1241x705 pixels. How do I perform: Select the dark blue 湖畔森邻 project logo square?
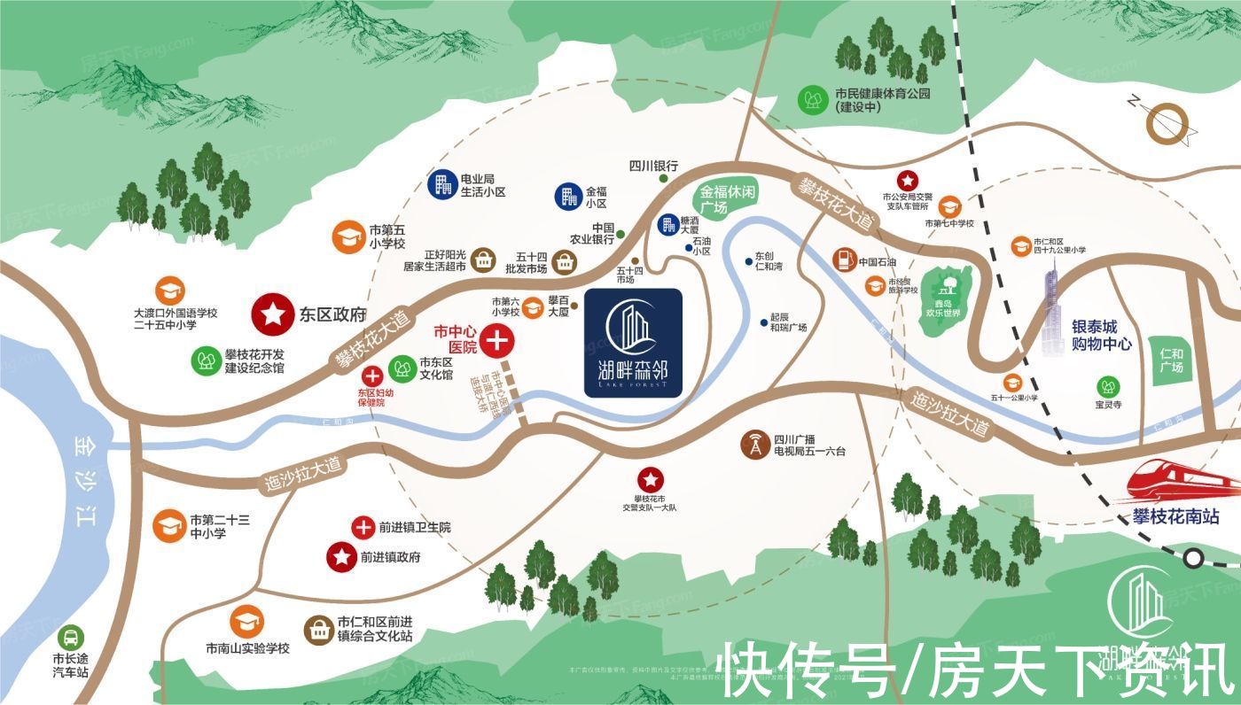(633, 344)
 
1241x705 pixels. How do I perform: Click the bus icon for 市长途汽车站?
(70, 637)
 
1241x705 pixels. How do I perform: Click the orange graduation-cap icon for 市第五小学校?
(347, 236)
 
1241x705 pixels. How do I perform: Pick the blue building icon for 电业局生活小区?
(441, 184)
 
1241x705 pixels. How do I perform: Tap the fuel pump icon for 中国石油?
(843, 260)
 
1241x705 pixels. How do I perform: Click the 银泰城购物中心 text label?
(1102, 335)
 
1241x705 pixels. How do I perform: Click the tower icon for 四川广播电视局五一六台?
(755, 445)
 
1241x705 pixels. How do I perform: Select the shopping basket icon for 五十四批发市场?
(565, 261)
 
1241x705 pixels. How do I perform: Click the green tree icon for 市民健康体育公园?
(812, 98)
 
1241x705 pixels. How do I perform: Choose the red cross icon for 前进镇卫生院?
(363, 527)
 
